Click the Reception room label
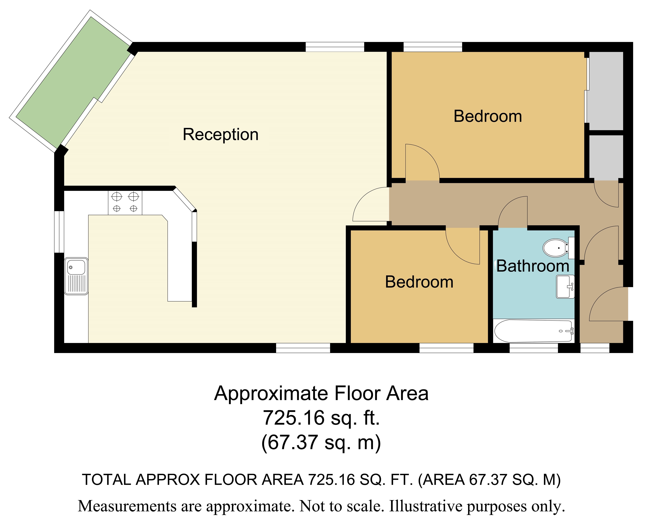(220, 135)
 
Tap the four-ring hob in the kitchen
(125, 202)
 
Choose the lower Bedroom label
(419, 282)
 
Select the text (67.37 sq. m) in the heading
(321, 443)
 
